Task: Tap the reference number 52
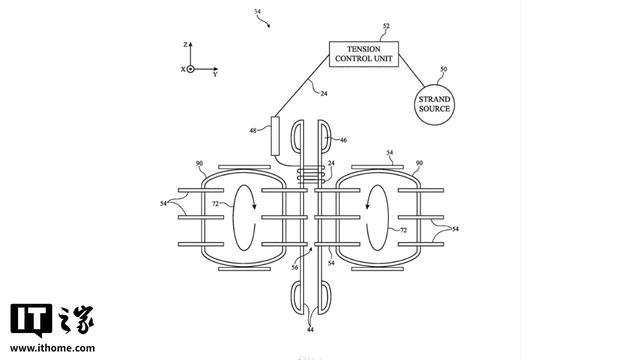pos(386,26)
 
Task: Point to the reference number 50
pos(443,69)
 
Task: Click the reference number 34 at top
pos(257,11)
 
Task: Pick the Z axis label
pos(185,44)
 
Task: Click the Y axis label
pos(215,74)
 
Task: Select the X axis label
pos(183,69)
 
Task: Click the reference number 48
pos(253,131)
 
